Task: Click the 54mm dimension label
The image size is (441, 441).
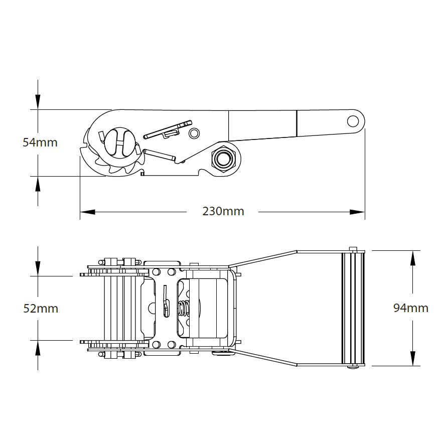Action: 40,142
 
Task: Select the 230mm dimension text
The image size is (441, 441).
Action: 223,211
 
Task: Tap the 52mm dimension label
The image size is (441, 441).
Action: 41,308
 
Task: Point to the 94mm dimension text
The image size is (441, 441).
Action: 410,308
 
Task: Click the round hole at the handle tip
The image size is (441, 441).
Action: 353,120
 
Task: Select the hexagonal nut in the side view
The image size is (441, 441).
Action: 222,158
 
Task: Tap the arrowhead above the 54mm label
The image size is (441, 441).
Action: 38,102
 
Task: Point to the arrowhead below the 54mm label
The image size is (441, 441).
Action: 38,184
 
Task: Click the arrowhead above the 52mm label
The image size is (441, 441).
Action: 38,269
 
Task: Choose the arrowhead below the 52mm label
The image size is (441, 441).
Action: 38,347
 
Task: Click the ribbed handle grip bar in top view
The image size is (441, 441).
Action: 353,308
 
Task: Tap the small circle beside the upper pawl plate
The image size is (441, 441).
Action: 194,133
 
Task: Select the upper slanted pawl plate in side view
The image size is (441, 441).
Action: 168,129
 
